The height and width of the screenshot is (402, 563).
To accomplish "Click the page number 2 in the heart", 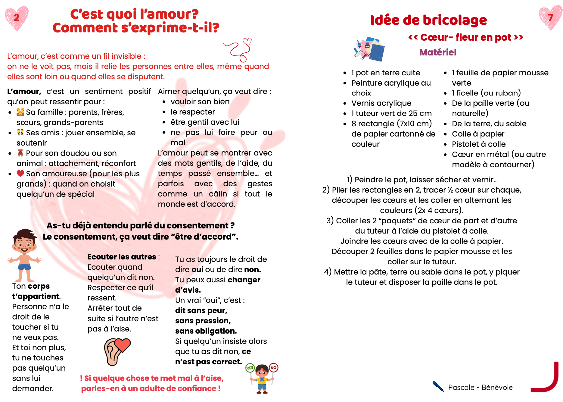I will click(17, 17).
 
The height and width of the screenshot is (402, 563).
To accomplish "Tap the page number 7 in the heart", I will click(550, 17).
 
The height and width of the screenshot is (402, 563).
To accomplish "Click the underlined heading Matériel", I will click(438, 52).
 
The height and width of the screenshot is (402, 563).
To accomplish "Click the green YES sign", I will click(250, 368).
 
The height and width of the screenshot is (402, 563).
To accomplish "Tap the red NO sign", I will click(273, 368).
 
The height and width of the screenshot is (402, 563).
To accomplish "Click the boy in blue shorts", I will click(24, 255).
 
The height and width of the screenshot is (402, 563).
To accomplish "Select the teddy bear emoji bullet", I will click(20, 153).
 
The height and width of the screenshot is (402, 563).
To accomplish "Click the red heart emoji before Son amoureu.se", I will click(20, 174).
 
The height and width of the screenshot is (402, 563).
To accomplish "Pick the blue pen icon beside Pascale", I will click(438, 386).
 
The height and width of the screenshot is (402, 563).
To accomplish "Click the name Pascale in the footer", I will click(461, 388).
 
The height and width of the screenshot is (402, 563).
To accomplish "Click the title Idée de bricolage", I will click(428, 20).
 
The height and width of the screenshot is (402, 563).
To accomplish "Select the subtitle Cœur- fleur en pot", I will click(465, 37).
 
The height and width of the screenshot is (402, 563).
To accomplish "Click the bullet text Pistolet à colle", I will click(478, 144).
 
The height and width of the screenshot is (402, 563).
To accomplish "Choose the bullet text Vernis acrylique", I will click(381, 103).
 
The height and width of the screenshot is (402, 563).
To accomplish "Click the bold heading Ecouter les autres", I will click(122, 257).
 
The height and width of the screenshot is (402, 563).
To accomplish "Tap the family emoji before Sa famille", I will click(20, 112).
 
